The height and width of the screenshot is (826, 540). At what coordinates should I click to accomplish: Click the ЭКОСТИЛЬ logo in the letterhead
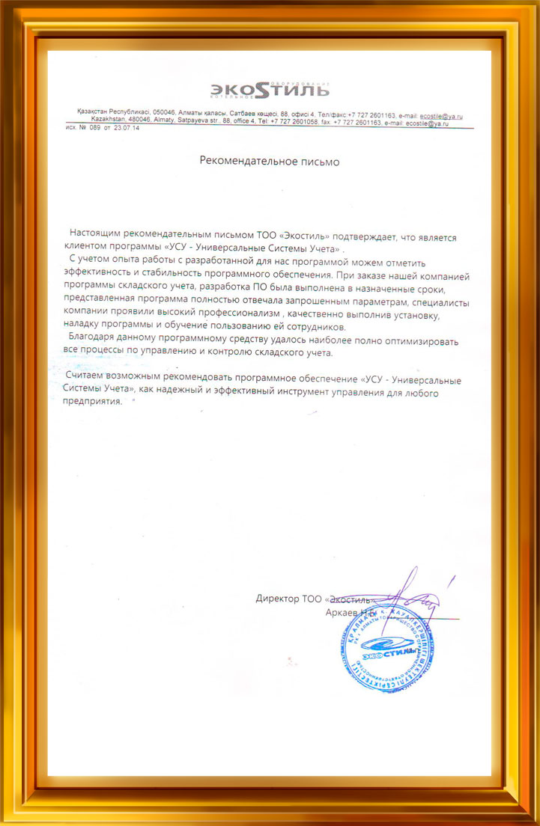pyautogui.click(x=269, y=91)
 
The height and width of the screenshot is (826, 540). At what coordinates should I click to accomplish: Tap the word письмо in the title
pyautogui.click(x=318, y=160)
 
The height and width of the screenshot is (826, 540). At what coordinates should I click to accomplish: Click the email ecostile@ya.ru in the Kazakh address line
pyautogui.click(x=441, y=115)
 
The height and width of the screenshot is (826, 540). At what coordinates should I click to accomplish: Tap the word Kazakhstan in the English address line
pyautogui.click(x=111, y=122)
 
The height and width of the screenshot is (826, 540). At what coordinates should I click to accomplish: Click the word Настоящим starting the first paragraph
pyautogui.click(x=95, y=236)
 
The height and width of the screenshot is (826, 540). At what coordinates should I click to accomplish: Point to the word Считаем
pyautogui.click(x=89, y=380)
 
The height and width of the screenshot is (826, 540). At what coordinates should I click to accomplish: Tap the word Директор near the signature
pyautogui.click(x=278, y=599)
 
